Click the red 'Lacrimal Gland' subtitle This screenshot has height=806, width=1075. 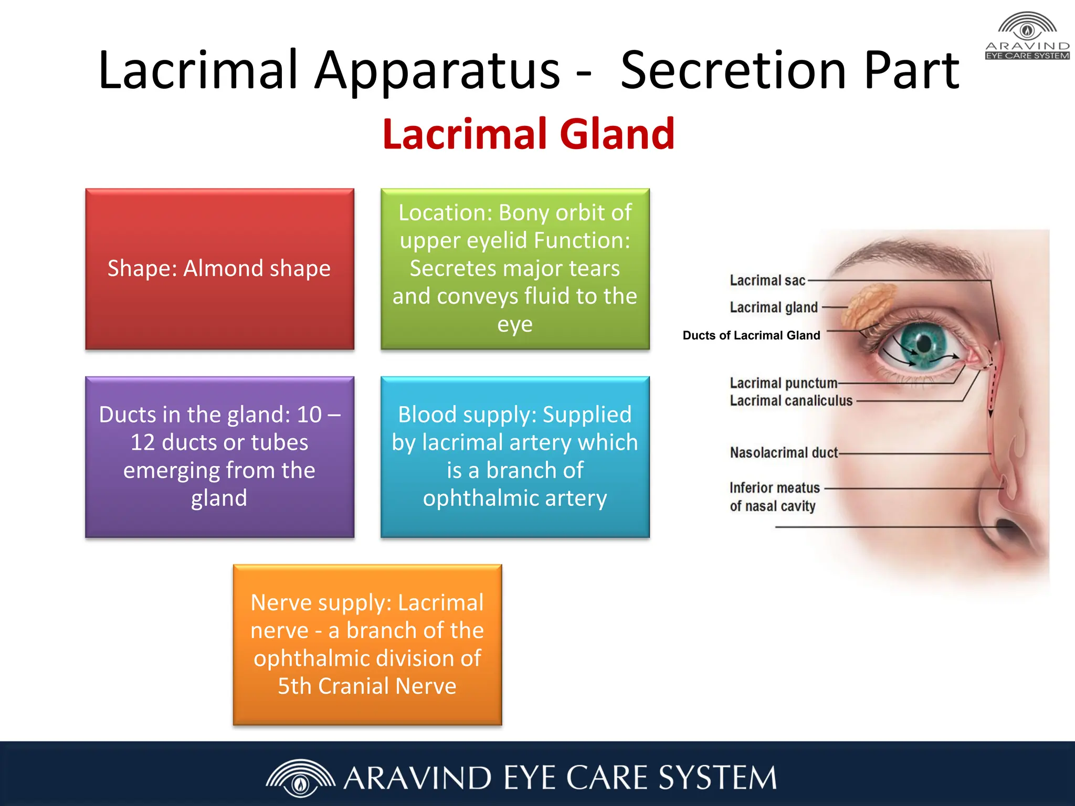[529, 134]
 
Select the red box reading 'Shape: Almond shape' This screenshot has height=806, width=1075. [219, 269]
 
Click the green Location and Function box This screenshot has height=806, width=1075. [515, 269]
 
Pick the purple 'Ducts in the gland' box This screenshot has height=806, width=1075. [219, 457]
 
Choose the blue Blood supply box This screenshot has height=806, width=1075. [515, 457]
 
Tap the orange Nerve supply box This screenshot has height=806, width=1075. [367, 644]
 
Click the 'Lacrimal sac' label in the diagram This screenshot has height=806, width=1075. [767, 281]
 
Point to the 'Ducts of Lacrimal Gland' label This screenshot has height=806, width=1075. [751, 335]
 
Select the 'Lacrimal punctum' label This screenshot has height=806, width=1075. [783, 383]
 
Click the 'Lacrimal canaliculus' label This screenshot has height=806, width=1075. [791, 401]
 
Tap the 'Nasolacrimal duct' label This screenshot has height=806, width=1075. [784, 452]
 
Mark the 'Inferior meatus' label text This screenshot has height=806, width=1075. [774, 488]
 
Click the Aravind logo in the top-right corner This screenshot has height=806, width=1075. [1027, 36]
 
